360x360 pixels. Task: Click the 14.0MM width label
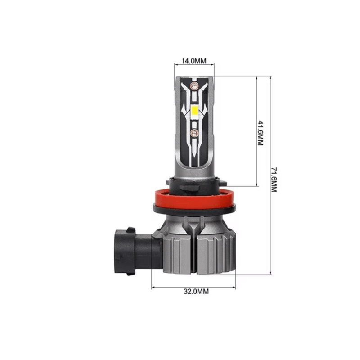click(194, 61)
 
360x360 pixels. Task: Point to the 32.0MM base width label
click(197, 292)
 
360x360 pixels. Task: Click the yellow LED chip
click(194, 109)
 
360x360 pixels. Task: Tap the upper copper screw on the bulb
click(194, 85)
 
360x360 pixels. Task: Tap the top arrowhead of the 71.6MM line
click(270, 78)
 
